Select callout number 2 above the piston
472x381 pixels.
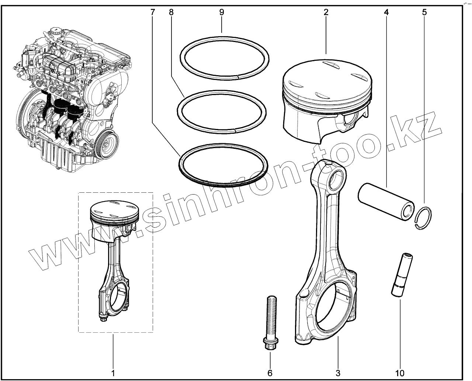pyautogui.click(x=326, y=12)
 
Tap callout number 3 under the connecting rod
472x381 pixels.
pyautogui.click(x=337, y=373)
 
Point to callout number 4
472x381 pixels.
pyautogui.click(x=386, y=12)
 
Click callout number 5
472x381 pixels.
pyautogui.click(x=424, y=12)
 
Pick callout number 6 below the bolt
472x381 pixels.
pyautogui.click(x=270, y=373)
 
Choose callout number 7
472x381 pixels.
pyautogui.click(x=153, y=12)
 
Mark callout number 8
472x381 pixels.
pyautogui.click(x=171, y=12)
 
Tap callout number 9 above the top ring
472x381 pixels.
pyautogui.click(x=221, y=12)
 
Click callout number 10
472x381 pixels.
pyautogui.click(x=400, y=373)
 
